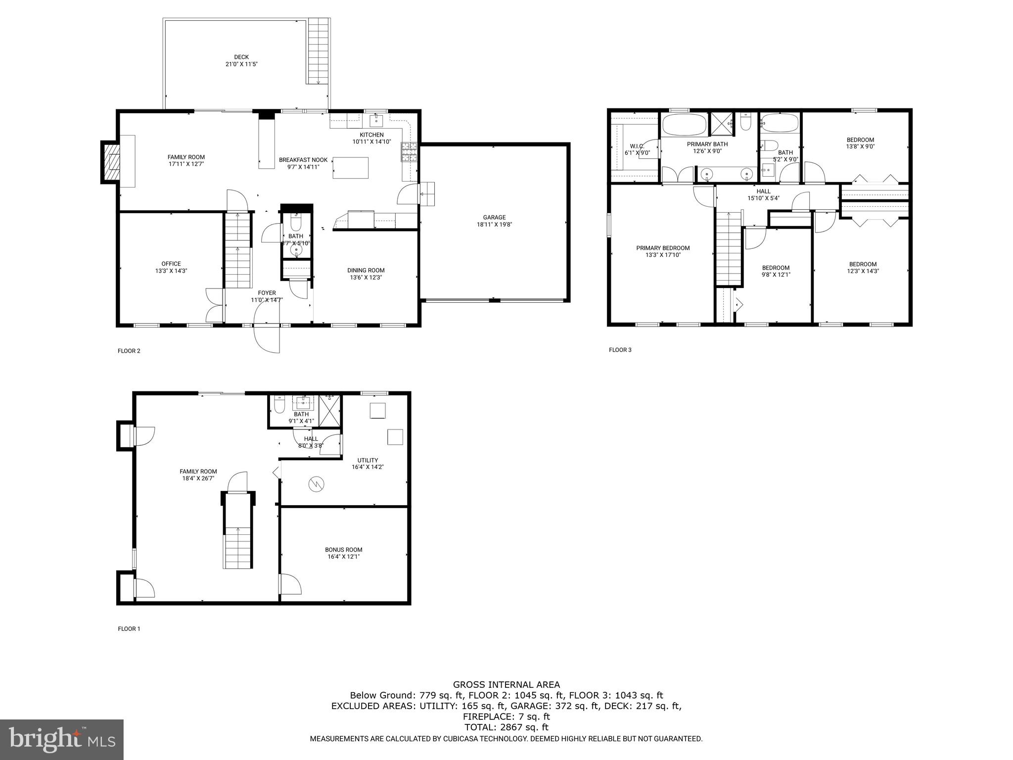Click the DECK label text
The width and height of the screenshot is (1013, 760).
tap(241, 57)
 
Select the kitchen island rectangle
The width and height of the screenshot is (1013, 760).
tap(351, 167)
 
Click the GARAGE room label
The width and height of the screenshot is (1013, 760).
tap(494, 217)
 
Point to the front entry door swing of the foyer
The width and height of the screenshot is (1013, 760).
tap(267, 339)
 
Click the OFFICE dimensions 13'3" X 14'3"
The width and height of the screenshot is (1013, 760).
tap(171, 271)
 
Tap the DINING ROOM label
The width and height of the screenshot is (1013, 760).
tap(366, 270)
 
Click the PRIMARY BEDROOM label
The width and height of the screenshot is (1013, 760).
tap(662, 248)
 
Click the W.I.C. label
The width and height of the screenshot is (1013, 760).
tap(637, 146)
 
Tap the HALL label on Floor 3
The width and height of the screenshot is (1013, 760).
tap(763, 191)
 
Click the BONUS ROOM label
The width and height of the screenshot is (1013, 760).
tap(343, 549)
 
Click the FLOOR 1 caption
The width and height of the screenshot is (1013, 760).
tap(129, 629)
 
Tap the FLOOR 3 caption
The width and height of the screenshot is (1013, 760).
tap(620, 350)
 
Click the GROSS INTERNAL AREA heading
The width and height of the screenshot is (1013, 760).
tap(506, 685)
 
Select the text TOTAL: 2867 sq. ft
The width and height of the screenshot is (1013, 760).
tap(506, 727)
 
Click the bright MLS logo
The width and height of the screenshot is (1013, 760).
tap(62, 740)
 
